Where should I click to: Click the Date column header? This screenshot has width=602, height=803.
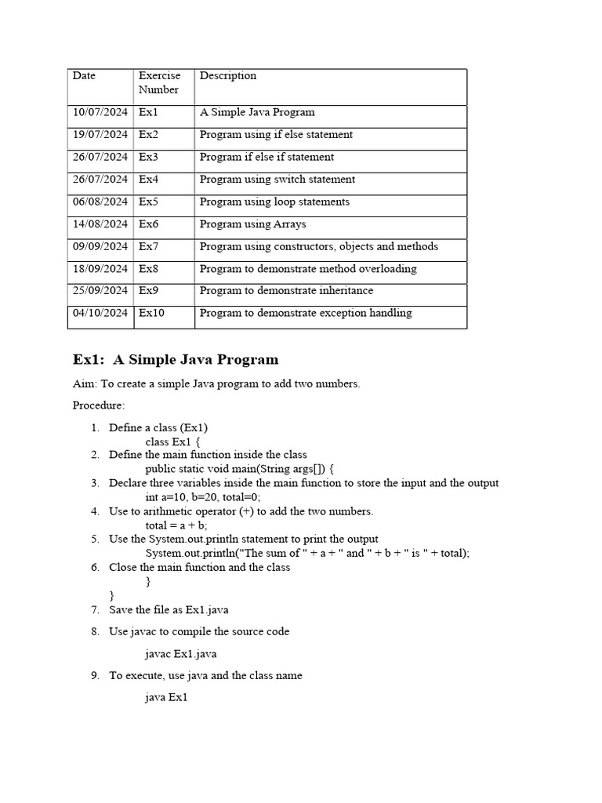coord(84,76)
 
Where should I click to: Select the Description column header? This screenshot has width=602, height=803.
coord(228,76)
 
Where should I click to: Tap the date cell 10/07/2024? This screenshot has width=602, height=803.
coord(100,112)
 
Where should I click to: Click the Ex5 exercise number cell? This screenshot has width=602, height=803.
coord(149,202)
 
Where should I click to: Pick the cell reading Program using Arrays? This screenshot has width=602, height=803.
coord(253,224)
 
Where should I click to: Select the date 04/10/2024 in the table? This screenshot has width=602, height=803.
coord(100,313)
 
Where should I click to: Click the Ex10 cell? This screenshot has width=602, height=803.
coord(152,313)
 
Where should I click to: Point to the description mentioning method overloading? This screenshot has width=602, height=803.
coord(308,269)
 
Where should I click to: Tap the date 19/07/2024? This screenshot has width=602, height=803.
coord(100,135)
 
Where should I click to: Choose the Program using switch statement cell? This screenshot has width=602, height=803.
coord(277,180)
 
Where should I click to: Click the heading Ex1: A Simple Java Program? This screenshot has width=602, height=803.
coord(176,360)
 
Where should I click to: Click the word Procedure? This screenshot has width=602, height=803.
coord(98,405)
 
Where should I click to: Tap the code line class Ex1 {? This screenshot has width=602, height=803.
coord(172,441)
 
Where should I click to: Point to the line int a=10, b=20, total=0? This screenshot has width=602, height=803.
coord(203,497)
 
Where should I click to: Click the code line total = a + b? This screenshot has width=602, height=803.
coord(176,525)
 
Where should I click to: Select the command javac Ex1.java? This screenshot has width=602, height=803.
coord(181,653)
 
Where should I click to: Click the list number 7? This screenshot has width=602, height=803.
coord(95,609)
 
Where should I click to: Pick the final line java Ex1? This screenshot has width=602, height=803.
coord(166,697)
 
